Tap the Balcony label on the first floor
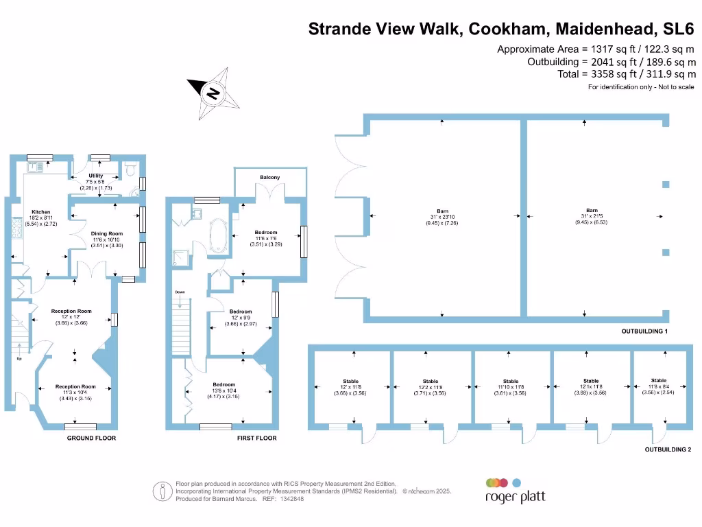pos(269,178)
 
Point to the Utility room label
pos(95,176)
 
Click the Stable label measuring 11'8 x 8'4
pos(658,380)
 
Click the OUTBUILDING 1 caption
pos(644,331)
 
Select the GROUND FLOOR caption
pos(91,438)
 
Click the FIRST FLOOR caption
pos(256,438)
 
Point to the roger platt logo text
pos(515,497)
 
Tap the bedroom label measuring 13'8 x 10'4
pos(223,384)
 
